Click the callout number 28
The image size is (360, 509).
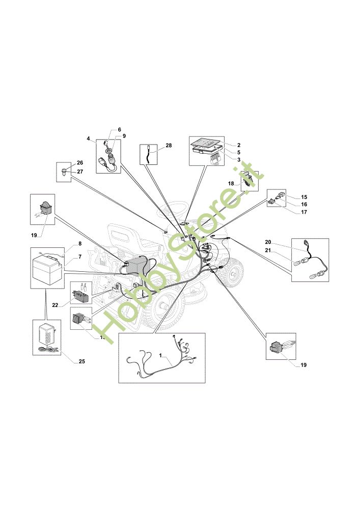point(169,146)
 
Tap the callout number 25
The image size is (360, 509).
point(81,361)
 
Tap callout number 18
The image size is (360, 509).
point(231,183)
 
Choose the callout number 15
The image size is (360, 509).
point(304,196)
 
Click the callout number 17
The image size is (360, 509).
point(304,212)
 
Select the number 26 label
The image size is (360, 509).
point(80,163)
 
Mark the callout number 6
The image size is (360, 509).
point(120,129)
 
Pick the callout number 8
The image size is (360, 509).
point(80,244)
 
